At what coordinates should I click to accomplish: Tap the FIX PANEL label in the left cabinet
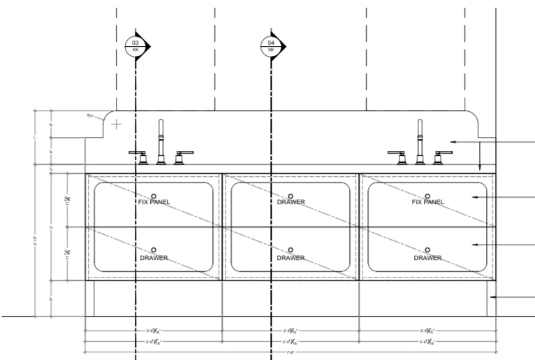(154, 202)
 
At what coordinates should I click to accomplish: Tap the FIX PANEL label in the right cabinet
(427, 202)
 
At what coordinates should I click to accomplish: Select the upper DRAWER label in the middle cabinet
(291, 202)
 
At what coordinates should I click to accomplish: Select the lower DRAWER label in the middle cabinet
(291, 258)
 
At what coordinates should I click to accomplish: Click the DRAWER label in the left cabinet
(154, 258)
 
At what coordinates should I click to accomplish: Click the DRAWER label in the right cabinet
(427, 258)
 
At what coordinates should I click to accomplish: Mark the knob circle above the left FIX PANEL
(154, 195)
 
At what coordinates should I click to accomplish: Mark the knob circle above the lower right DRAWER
(427, 250)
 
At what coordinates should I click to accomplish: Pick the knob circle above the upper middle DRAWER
(291, 195)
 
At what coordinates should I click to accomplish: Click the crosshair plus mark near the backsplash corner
(117, 124)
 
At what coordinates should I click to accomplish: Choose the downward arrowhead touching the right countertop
(480, 168)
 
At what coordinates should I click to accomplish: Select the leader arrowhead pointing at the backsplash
(453, 142)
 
